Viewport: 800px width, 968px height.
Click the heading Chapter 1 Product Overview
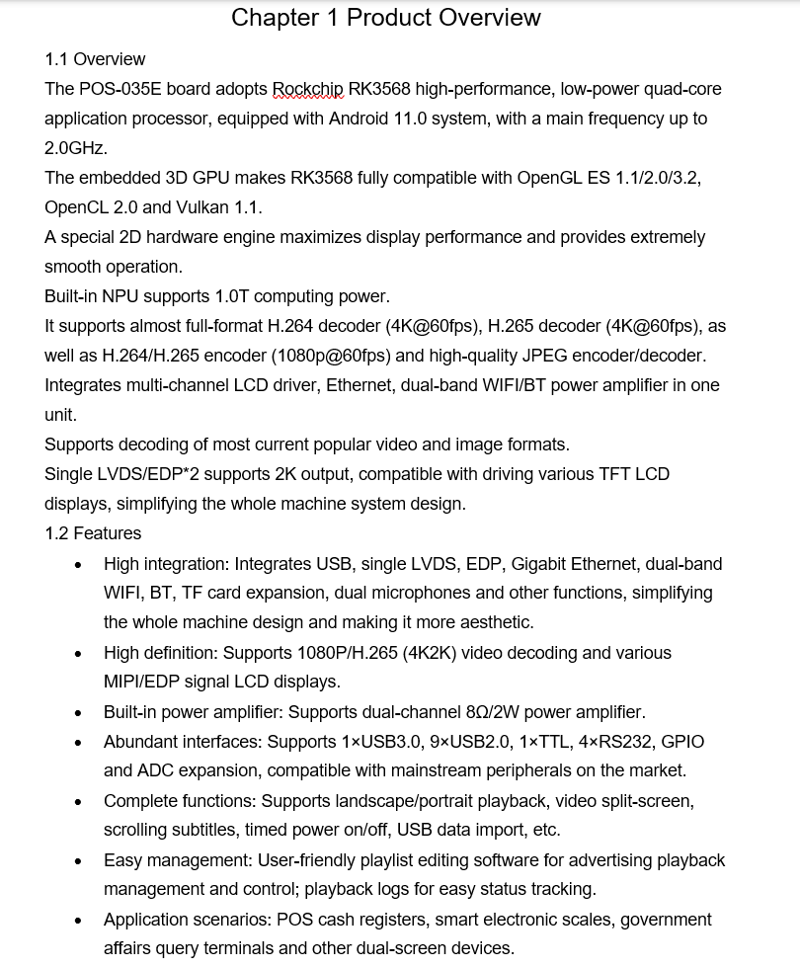[x=385, y=18]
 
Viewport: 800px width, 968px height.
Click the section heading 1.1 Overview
[x=95, y=59]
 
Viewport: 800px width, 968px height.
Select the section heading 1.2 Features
[x=93, y=533]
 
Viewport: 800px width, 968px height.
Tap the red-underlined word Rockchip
[x=307, y=89]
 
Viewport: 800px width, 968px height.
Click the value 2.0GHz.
[x=76, y=148]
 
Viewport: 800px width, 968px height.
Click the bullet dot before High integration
[x=79, y=565]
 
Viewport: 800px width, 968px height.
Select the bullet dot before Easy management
[x=79, y=861]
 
